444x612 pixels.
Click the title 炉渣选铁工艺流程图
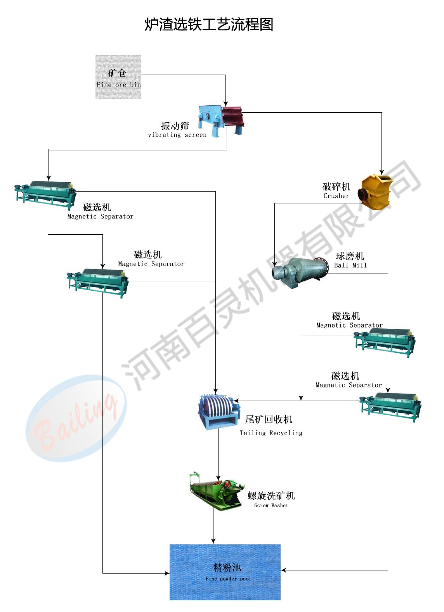(209, 24)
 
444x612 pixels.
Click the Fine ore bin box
(118, 77)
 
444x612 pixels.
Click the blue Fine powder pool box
(225, 572)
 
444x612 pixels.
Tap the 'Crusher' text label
(336, 196)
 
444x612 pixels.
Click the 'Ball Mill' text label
(350, 265)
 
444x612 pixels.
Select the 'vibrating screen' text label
(177, 135)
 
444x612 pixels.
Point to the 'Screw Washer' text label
(271, 505)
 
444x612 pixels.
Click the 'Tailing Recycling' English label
(271, 433)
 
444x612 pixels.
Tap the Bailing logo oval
(76, 418)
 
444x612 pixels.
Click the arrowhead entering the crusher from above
(382, 172)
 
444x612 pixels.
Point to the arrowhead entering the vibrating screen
(225, 103)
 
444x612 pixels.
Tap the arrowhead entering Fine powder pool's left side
(167, 573)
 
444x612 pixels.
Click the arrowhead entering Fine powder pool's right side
(283, 570)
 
